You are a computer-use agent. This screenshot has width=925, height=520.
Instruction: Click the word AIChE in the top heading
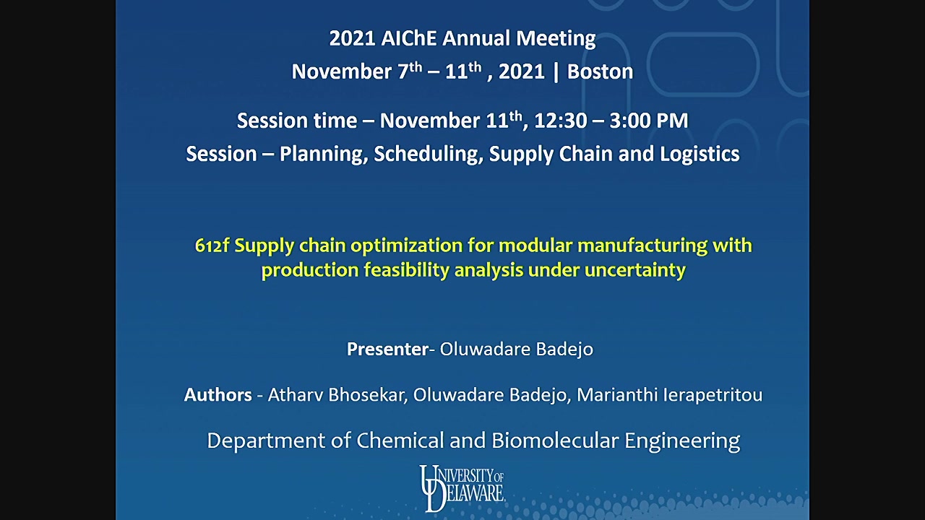pyautogui.click(x=408, y=38)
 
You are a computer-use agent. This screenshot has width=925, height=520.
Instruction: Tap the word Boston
pyautogui.click(x=600, y=71)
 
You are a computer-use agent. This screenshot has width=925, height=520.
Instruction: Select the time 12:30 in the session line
pyautogui.click(x=560, y=121)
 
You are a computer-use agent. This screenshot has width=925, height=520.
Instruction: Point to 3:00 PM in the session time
pyautogui.click(x=649, y=121)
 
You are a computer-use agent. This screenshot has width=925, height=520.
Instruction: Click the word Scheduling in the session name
pyautogui.click(x=429, y=155)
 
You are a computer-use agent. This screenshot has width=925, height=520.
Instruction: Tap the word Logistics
pyautogui.click(x=700, y=154)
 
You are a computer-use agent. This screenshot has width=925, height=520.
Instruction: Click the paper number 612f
pyautogui.click(x=212, y=246)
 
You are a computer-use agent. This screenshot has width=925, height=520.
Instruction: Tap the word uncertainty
pyautogui.click(x=635, y=271)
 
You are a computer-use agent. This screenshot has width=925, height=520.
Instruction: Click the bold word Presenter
pyautogui.click(x=387, y=349)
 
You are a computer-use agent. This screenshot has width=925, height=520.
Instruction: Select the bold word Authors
pyautogui.click(x=218, y=395)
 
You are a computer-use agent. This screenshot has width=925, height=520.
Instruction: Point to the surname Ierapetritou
pyautogui.click(x=713, y=395)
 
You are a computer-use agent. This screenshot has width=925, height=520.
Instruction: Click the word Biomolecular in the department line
pyautogui.click(x=555, y=441)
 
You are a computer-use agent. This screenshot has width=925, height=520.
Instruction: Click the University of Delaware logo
pyautogui.click(x=462, y=488)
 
